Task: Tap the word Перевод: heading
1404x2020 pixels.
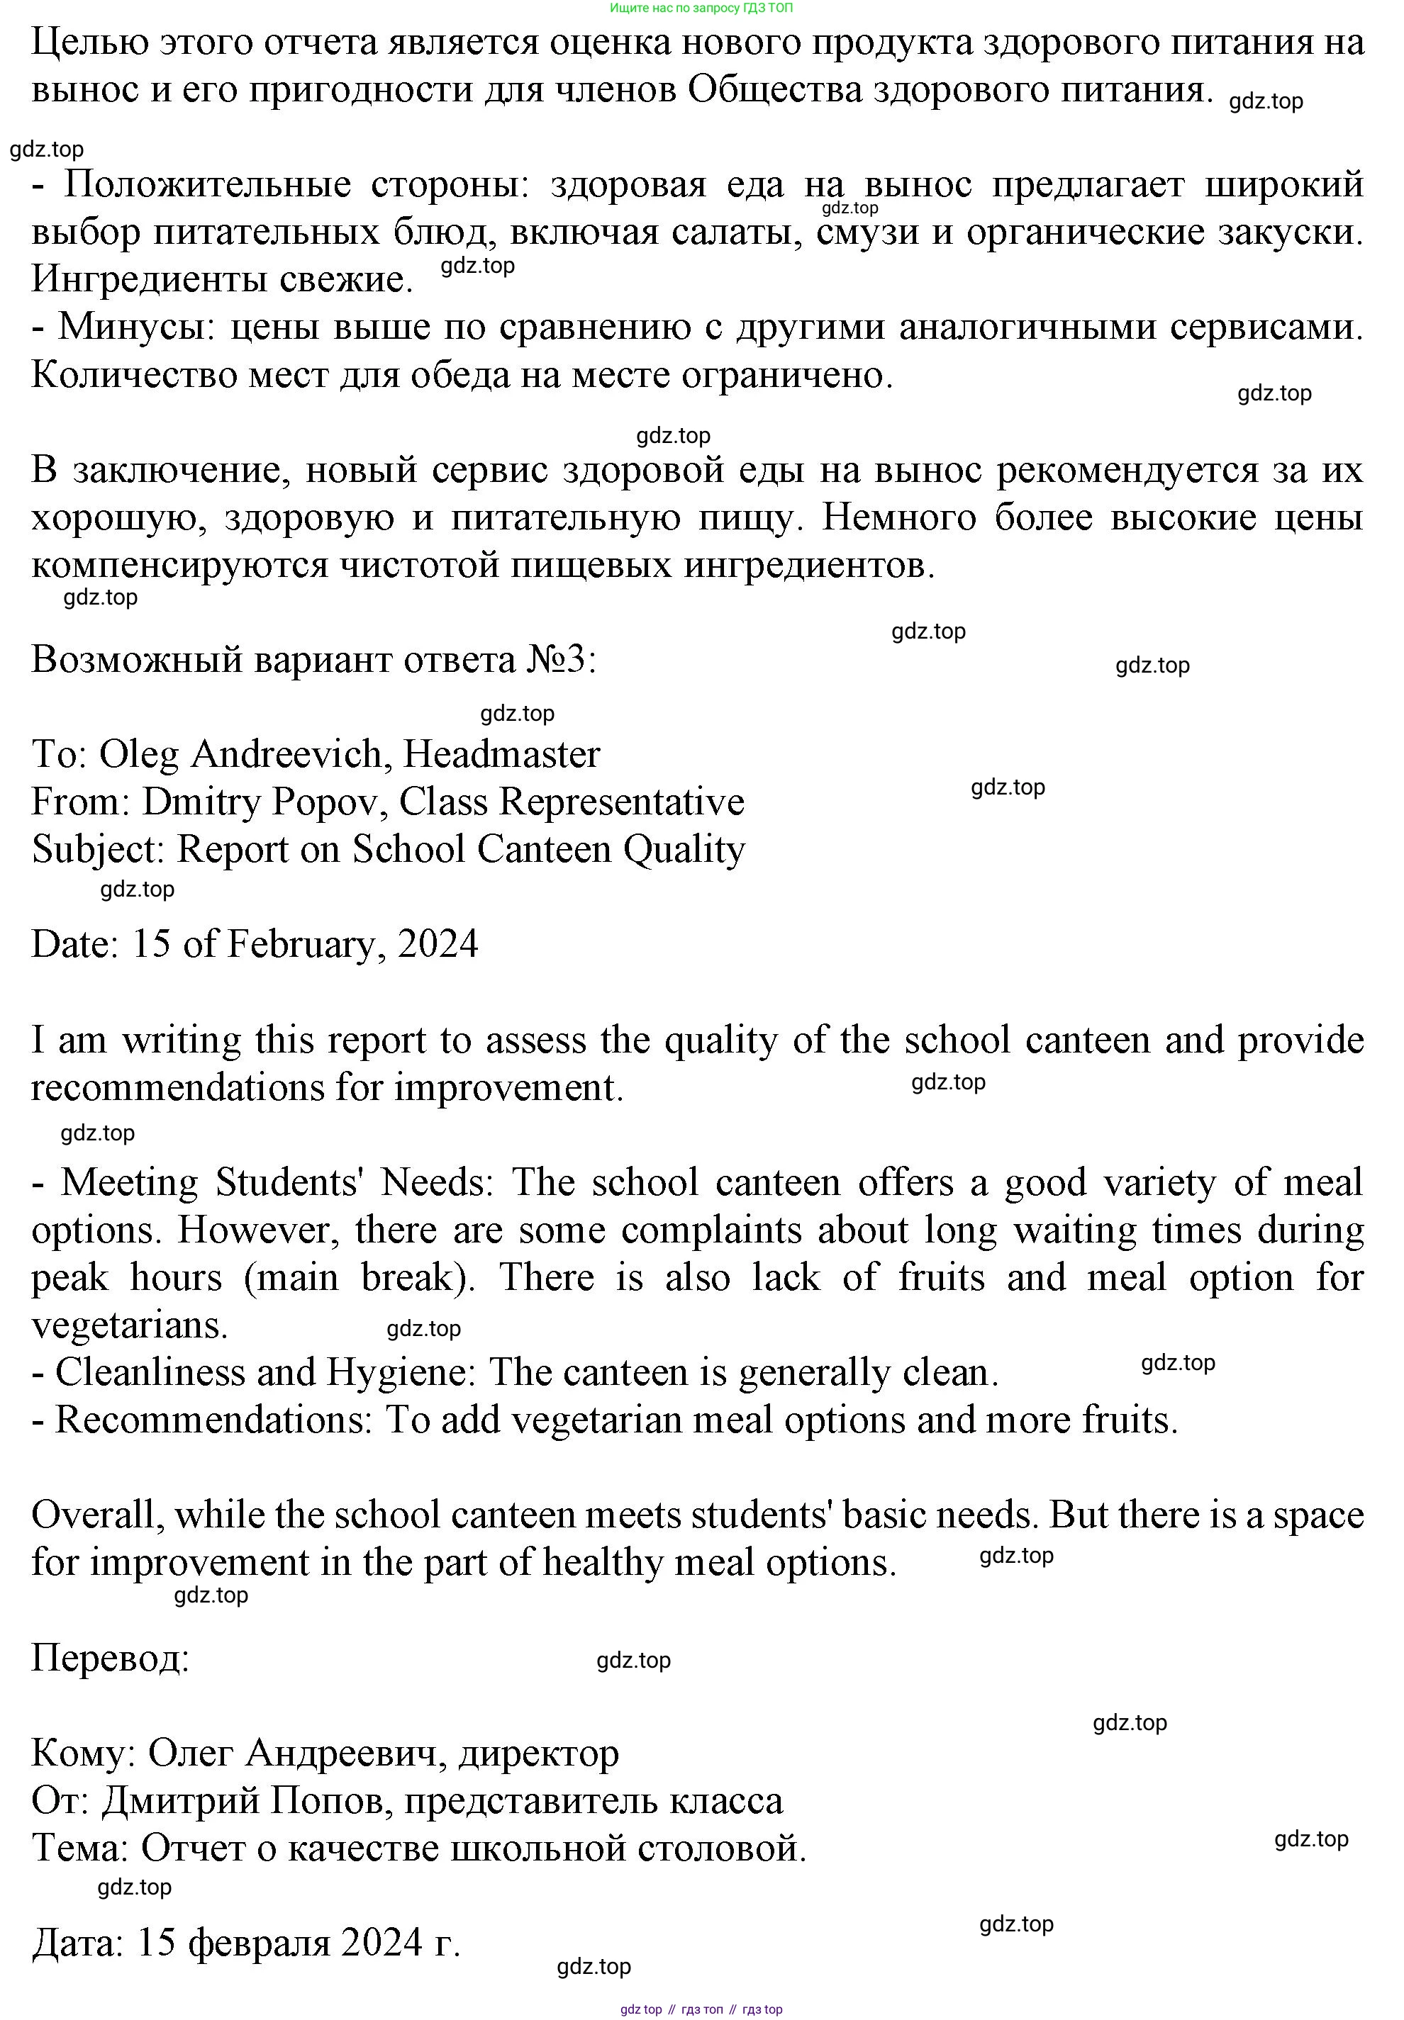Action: [111, 1659]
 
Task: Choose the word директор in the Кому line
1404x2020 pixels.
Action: [538, 1754]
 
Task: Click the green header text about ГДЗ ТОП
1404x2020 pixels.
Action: [701, 8]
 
